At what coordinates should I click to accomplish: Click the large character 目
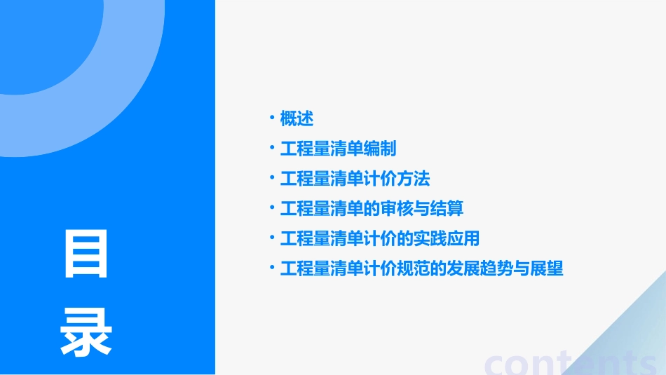pos(86,254)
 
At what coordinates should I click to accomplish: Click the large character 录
pos(86,332)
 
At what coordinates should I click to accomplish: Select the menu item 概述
pos(297,118)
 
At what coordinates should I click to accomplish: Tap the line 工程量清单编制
pos(338,149)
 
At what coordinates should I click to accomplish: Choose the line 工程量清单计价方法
pos(355,179)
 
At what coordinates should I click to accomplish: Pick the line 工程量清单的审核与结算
pos(372,209)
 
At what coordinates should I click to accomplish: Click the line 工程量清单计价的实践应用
pos(379,239)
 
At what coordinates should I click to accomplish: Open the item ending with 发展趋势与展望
pos(421,269)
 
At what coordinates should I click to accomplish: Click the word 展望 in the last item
pos(548,269)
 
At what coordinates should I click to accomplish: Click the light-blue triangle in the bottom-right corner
pos(631,336)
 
